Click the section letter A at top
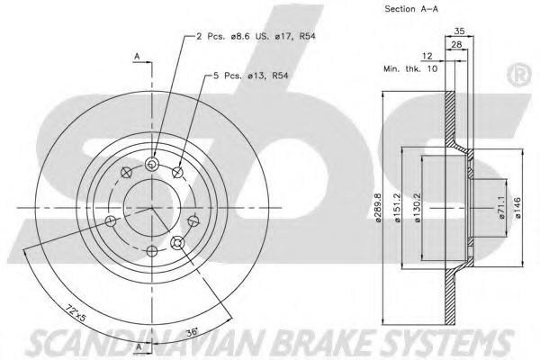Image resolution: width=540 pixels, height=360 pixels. pyautogui.click(x=138, y=56)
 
